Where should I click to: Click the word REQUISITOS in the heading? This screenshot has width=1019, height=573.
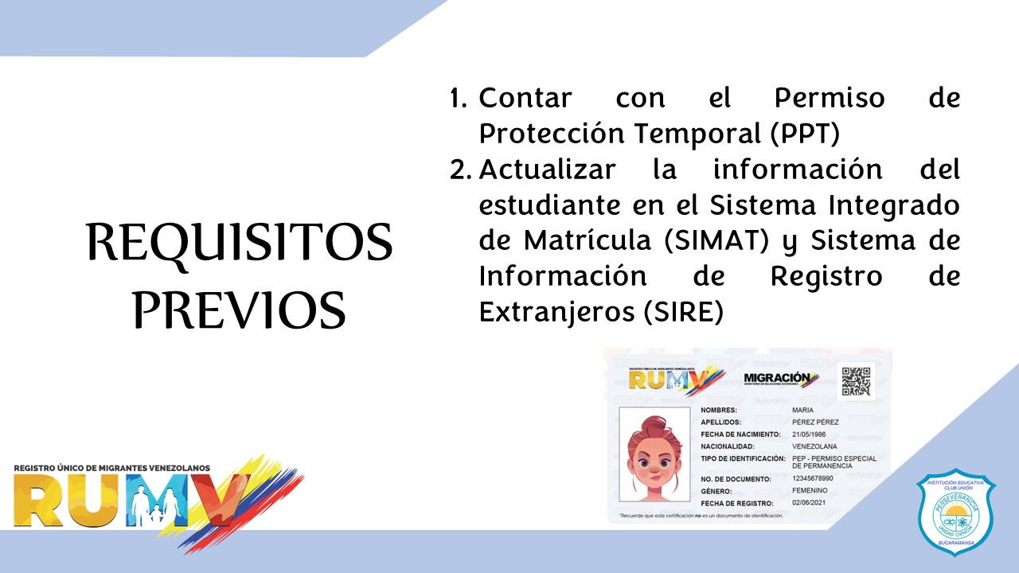pos(239,243)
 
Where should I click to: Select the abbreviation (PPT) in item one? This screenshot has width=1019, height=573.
pos(804,134)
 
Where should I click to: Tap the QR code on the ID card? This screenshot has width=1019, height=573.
pos(856,381)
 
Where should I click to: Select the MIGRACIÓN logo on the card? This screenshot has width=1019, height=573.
pos(781,380)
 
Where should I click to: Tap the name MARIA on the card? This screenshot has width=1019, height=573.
pos(802,410)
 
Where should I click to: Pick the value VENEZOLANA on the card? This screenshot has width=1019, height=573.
pos(814,446)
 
